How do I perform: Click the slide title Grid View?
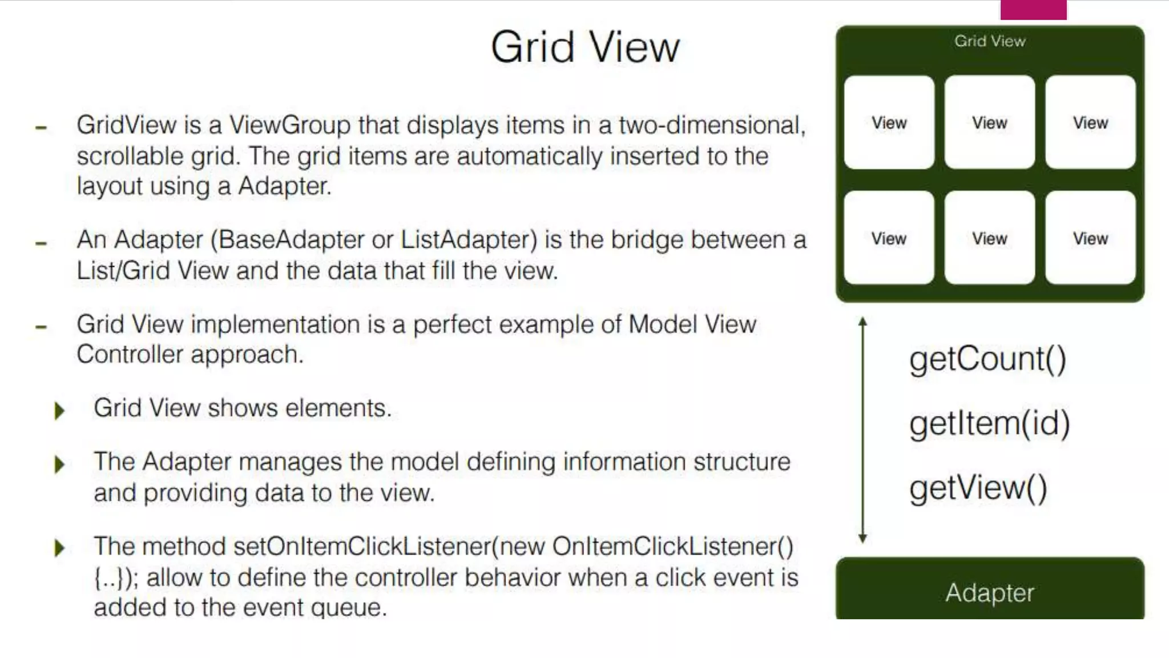click(x=585, y=47)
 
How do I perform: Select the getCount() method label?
click(x=987, y=359)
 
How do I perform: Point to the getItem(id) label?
click(x=989, y=423)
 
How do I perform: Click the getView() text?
click(x=978, y=488)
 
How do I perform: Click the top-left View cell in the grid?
click(x=889, y=122)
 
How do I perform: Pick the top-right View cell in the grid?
click(x=1090, y=122)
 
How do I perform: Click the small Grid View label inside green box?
click(x=990, y=41)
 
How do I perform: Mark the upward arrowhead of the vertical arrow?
click(x=862, y=322)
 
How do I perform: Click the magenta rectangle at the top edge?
click(x=1033, y=10)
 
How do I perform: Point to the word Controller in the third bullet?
click(x=130, y=355)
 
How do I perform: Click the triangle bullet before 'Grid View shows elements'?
click(x=59, y=410)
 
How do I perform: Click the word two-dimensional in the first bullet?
click(x=712, y=125)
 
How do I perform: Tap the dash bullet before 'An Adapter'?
click(x=41, y=243)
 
